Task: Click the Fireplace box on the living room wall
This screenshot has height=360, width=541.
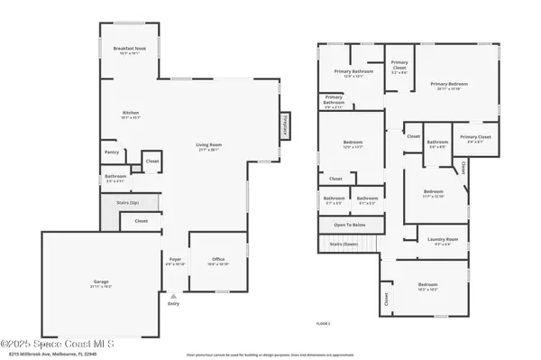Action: tap(285, 125)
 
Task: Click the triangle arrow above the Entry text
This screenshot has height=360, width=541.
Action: tap(174, 295)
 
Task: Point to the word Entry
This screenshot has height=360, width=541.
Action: tap(174, 304)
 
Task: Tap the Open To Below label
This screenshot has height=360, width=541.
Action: tap(349, 224)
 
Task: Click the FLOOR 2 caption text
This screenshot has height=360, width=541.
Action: tap(323, 322)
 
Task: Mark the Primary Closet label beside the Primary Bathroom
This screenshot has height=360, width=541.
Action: tap(399, 64)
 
